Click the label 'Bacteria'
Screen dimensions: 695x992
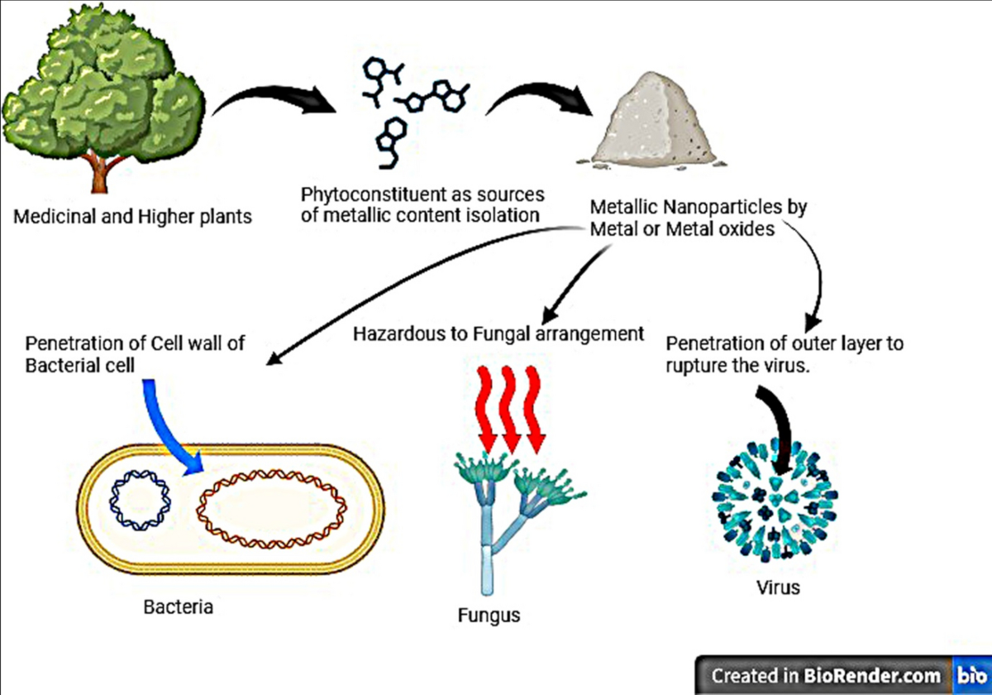pyautogui.click(x=179, y=607)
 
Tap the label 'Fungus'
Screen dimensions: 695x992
pyautogui.click(x=489, y=616)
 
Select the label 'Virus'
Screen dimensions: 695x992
pyautogui.click(x=778, y=589)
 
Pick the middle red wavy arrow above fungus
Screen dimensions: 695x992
pyautogui.click(x=511, y=410)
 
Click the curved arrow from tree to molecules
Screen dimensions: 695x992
pyautogui.click(x=273, y=99)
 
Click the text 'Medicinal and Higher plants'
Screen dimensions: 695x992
pyautogui.click(x=133, y=218)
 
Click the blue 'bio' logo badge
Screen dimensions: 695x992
pyautogui.click(x=971, y=675)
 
